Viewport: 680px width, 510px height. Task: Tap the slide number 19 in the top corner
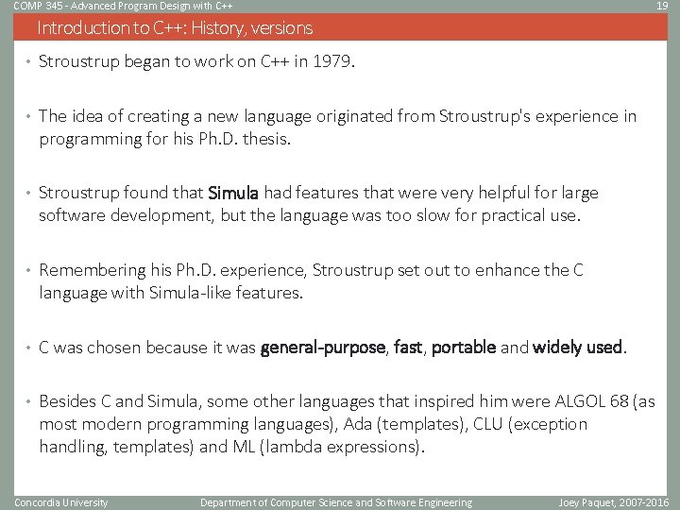pyautogui.click(x=662, y=7)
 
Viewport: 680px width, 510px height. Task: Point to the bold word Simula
pyautogui.click(x=233, y=194)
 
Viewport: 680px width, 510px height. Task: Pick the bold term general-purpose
pyautogui.click(x=323, y=348)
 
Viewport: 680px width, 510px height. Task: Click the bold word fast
pyautogui.click(x=408, y=348)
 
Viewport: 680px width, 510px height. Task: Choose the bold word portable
pyautogui.click(x=464, y=348)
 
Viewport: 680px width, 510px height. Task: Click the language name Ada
pyautogui.click(x=373, y=424)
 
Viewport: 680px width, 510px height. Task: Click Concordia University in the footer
pyautogui.click(x=61, y=502)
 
